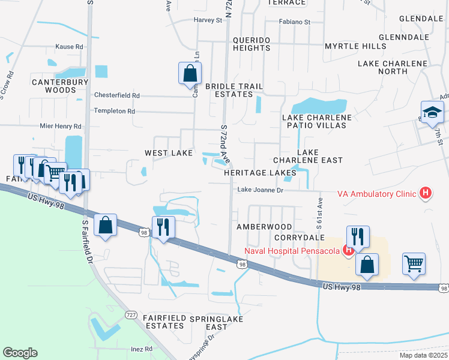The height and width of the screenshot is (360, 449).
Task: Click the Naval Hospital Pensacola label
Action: click(x=292, y=250)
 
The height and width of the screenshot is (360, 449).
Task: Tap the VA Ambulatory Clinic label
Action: click(x=377, y=193)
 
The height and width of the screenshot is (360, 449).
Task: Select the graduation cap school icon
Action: click(x=432, y=112)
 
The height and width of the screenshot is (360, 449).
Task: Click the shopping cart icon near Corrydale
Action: click(x=414, y=264)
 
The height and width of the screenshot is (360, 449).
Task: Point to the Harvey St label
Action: click(x=208, y=20)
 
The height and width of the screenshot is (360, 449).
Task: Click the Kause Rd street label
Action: click(x=69, y=47)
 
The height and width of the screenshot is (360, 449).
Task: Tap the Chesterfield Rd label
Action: click(x=117, y=95)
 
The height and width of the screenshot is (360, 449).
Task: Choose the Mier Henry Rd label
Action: click(x=60, y=127)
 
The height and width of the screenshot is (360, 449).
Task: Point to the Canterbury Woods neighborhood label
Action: click(x=54, y=86)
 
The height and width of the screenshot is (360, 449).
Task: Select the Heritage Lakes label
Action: click(x=260, y=173)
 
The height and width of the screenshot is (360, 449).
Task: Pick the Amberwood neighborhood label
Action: click(x=264, y=227)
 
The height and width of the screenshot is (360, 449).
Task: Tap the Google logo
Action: click(x=20, y=352)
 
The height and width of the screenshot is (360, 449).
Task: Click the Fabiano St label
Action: click(x=294, y=22)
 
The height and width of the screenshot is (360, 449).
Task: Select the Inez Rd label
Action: click(x=142, y=349)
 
